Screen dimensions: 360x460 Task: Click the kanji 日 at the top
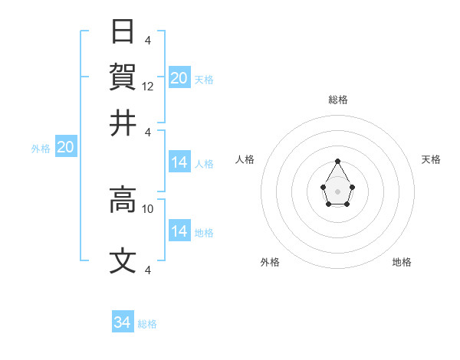123,33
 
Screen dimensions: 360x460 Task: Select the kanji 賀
123,77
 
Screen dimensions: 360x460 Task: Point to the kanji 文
123,261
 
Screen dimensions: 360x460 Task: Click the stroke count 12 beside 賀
149,87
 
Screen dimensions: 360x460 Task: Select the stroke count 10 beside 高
148,208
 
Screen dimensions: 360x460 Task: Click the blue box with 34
123,322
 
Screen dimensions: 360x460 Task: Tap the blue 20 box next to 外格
65,148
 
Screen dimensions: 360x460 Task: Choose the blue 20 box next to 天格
179,78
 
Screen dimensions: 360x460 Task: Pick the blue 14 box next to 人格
179,162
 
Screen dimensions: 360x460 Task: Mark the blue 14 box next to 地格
179,231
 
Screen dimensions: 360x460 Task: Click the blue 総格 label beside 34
147,324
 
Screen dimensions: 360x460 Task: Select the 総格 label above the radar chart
337,100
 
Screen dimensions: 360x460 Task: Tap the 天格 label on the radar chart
431,159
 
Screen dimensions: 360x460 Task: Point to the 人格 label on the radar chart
245,159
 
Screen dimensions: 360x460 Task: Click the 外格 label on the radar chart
270,262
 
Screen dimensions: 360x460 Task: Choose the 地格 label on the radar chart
402,262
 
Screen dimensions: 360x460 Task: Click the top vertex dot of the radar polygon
337,161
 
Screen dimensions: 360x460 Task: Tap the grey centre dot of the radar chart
337,191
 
